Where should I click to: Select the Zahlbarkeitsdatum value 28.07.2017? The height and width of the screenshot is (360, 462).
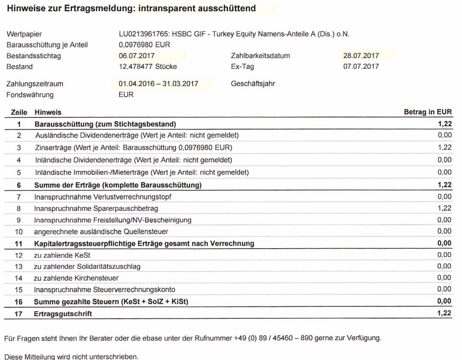(x=358, y=56)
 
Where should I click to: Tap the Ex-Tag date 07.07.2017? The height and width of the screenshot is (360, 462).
(x=358, y=67)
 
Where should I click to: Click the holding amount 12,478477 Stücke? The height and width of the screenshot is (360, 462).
(x=147, y=67)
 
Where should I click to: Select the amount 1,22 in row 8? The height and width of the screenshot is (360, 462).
(x=444, y=209)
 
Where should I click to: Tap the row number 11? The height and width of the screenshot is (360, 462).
(x=19, y=243)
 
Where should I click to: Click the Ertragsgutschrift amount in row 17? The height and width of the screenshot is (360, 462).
(x=444, y=314)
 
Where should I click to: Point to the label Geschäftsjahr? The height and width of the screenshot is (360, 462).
(x=251, y=84)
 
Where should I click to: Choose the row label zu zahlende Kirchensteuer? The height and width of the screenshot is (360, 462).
(x=77, y=278)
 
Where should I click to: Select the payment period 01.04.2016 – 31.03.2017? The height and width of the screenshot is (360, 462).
(x=158, y=84)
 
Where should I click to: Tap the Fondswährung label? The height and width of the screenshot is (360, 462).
(x=30, y=95)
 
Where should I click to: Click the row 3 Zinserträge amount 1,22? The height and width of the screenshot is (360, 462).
(x=444, y=147)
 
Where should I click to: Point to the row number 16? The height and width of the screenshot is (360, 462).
(x=19, y=302)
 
